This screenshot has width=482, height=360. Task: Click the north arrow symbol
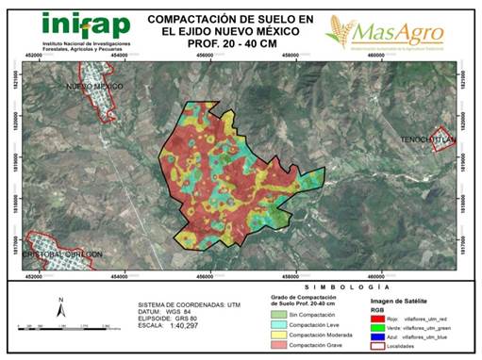59,307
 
